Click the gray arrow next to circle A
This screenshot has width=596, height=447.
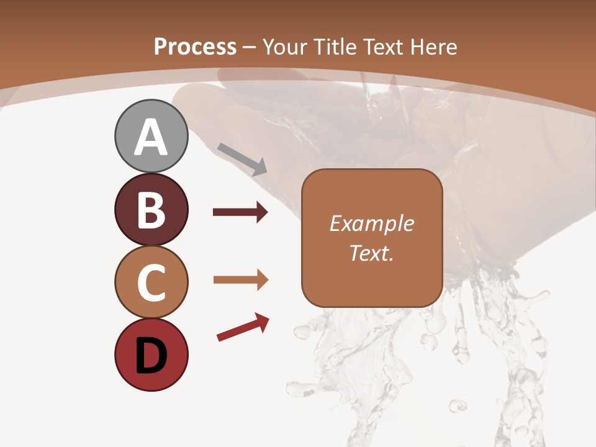tap(242, 158)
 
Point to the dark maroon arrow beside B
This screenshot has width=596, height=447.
tap(240, 212)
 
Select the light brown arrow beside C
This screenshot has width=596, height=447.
tap(240, 280)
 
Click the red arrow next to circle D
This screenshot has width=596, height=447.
tap(243, 327)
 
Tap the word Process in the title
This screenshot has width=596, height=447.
tap(195, 47)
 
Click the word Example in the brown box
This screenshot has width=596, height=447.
tap(371, 223)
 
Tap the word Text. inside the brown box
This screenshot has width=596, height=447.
tap(371, 253)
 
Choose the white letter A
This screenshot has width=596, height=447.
tap(151, 138)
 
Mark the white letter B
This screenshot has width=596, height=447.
tap(151, 210)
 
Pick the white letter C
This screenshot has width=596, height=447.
tap(151, 283)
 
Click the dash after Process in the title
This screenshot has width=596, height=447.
tap(250, 47)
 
